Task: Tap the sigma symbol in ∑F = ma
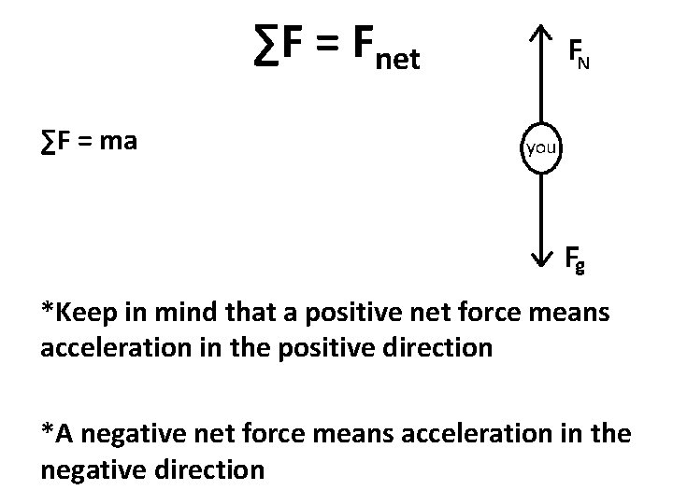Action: point(47,143)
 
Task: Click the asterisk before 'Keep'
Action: point(47,308)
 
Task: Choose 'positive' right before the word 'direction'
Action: point(356,349)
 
